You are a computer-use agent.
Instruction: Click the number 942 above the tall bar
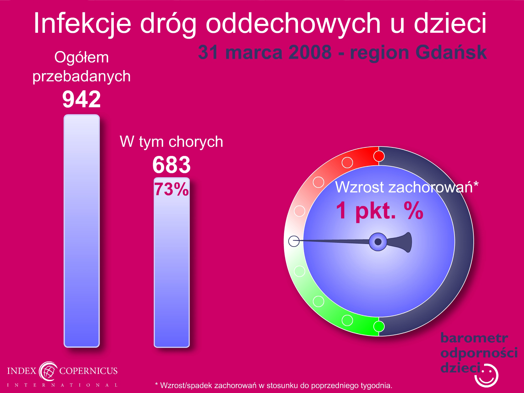click(x=81, y=99)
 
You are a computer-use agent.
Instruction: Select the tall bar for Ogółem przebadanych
click(x=82, y=231)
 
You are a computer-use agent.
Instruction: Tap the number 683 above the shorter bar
click(x=171, y=165)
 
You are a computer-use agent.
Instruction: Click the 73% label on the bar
click(x=171, y=189)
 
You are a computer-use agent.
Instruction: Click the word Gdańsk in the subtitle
click(x=451, y=53)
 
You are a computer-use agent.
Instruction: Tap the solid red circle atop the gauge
click(x=379, y=156)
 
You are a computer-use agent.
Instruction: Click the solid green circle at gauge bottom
click(x=379, y=326)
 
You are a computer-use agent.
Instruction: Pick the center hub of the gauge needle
click(x=378, y=242)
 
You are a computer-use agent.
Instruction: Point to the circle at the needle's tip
click(x=294, y=241)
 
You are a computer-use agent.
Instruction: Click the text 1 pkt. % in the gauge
click(x=379, y=210)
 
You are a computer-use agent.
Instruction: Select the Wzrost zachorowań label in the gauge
click(x=407, y=187)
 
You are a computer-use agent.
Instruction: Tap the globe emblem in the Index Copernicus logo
click(x=48, y=371)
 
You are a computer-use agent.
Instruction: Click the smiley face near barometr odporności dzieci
click(x=486, y=376)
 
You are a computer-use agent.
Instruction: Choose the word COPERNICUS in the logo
click(x=88, y=371)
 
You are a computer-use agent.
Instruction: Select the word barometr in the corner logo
click(x=474, y=338)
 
